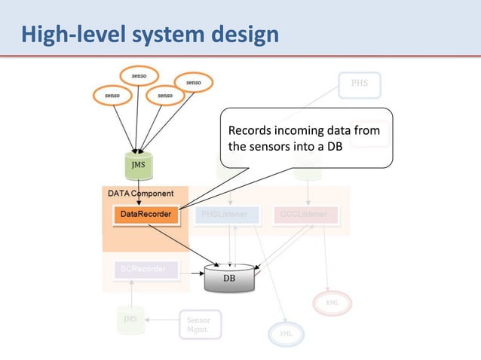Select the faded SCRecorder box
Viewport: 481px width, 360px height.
(145, 268)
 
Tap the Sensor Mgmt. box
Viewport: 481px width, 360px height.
(200, 325)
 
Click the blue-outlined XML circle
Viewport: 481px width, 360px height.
(285, 333)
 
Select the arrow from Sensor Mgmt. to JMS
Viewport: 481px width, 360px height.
(162, 320)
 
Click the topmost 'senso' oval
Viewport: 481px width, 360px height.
(139, 76)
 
